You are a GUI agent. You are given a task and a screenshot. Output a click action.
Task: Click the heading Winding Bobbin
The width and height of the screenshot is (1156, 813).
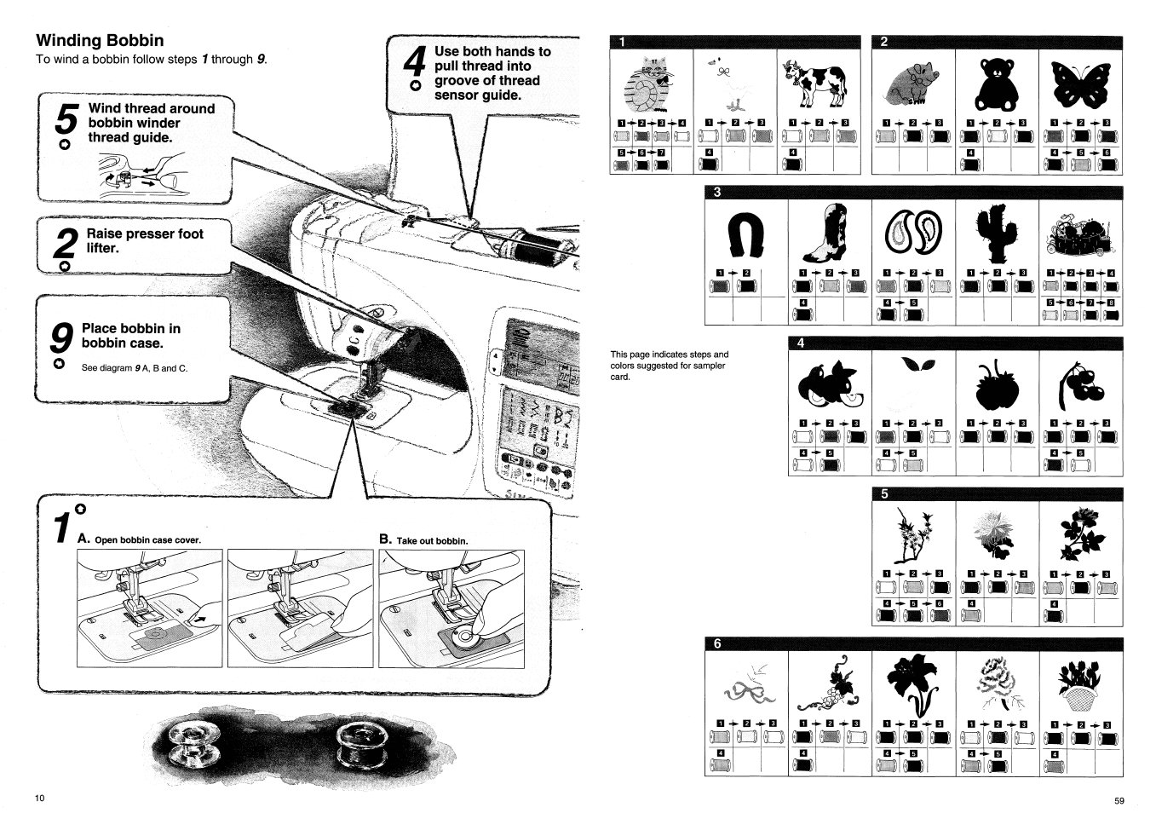(x=100, y=41)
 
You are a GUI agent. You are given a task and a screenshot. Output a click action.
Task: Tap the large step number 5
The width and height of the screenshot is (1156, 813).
(x=66, y=119)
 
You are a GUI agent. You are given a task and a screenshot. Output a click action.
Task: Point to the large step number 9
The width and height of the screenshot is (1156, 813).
(x=60, y=339)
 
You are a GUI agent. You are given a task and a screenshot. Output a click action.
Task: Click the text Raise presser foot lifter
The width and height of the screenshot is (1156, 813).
(x=146, y=240)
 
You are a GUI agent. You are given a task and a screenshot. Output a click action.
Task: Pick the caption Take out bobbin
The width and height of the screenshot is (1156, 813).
(x=423, y=540)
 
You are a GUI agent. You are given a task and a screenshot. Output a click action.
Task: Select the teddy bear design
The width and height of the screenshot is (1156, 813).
(x=996, y=83)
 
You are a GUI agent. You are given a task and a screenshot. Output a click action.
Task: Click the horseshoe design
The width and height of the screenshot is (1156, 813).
(x=743, y=235)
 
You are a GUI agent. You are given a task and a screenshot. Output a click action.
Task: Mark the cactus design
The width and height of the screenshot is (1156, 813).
(x=995, y=233)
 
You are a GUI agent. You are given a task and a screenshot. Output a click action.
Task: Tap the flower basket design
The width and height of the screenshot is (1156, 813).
(x=1080, y=687)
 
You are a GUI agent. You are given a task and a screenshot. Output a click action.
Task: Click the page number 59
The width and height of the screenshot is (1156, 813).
(x=1119, y=800)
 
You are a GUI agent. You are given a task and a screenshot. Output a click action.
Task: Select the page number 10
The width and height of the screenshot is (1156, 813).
(x=39, y=798)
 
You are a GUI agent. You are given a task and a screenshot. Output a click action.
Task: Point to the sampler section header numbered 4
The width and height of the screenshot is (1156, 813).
(x=800, y=343)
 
